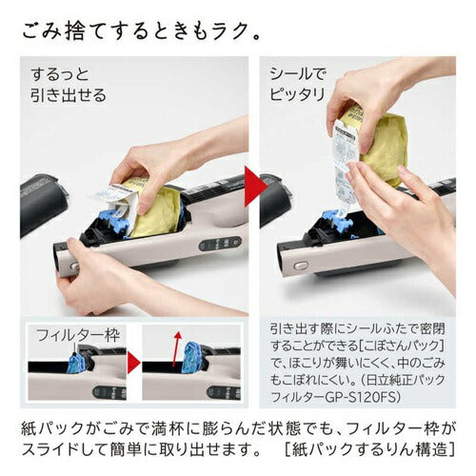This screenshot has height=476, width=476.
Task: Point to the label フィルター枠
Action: pyautogui.click(x=66, y=335)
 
